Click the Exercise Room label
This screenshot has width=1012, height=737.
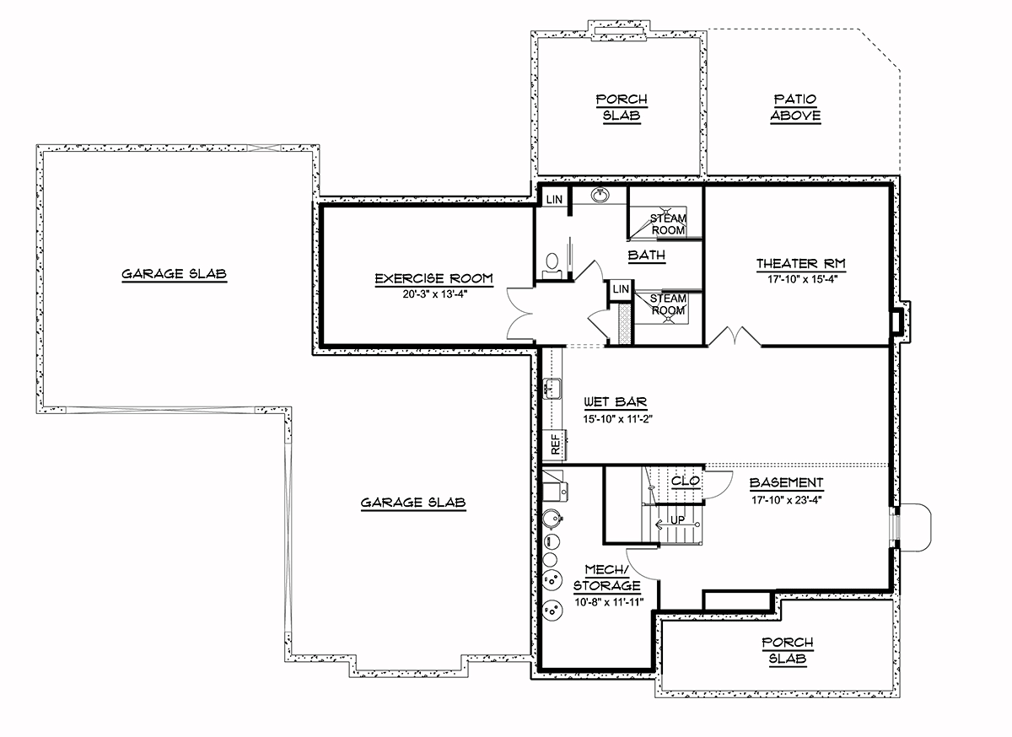433,278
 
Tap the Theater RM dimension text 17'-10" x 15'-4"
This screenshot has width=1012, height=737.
802,279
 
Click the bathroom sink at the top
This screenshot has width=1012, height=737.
600,195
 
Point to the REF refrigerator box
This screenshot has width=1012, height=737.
554,444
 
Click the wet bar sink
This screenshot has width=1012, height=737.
552,389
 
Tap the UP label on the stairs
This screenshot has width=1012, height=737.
677,520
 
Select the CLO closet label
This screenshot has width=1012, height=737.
686,481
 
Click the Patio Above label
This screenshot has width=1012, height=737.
795,107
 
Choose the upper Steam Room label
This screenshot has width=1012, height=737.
668,224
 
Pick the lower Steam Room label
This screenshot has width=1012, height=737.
668,304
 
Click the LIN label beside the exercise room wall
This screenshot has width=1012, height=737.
554,199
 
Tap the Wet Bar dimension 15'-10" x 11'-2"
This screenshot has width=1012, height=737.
617,419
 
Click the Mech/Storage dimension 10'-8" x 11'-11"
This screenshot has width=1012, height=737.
609,602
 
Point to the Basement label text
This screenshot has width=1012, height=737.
787,482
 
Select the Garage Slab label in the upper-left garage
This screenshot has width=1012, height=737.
175,274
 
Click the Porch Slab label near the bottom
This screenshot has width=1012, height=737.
788,651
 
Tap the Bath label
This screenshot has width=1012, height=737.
647,256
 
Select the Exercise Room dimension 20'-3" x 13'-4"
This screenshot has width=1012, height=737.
434,294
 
